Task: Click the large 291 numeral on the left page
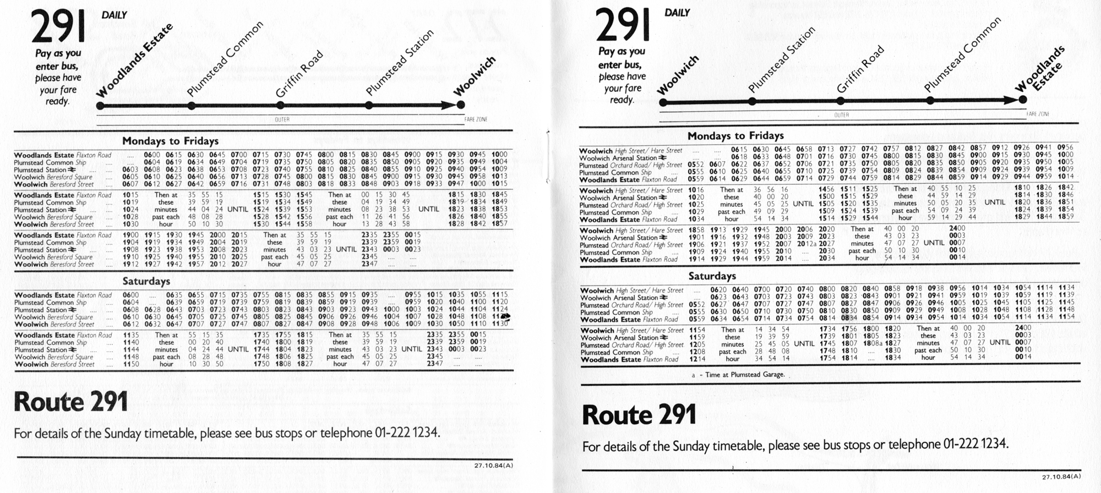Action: pyautogui.click(x=58, y=28)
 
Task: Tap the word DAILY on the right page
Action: pyautogui.click(x=677, y=12)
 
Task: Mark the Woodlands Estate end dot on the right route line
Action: pyautogui.click(x=1022, y=100)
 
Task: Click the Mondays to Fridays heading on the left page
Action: pyautogui.click(x=170, y=141)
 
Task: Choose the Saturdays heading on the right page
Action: pyautogui.click(x=712, y=276)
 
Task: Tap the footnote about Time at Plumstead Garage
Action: pyautogui.click(x=738, y=375)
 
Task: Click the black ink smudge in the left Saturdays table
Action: pyautogui.click(x=506, y=316)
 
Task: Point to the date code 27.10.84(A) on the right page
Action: pyautogui.click(x=1061, y=476)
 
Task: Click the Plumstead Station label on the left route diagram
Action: pyautogui.click(x=400, y=62)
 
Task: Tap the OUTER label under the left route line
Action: pyautogui.click(x=282, y=119)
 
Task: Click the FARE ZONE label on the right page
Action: pyautogui.click(x=1038, y=114)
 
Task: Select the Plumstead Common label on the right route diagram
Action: pyautogui.click(x=962, y=55)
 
